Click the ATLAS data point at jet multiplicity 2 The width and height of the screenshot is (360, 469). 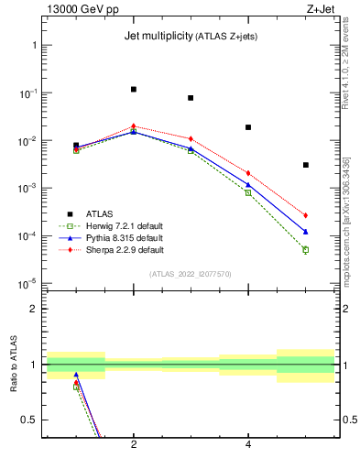click(x=134, y=89)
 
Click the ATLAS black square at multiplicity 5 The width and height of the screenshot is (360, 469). click(x=305, y=165)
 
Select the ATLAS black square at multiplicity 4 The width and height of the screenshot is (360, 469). click(x=248, y=127)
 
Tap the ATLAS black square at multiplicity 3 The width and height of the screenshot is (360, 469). click(x=191, y=98)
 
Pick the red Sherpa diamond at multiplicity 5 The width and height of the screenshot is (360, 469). click(x=305, y=215)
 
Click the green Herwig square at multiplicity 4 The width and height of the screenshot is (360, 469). click(x=248, y=192)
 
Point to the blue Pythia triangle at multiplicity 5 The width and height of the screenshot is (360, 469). click(x=305, y=232)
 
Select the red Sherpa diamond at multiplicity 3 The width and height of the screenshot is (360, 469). click(x=191, y=138)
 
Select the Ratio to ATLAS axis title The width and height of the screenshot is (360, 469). click(x=14, y=365)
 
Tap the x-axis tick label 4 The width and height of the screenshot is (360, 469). click(x=248, y=445)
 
